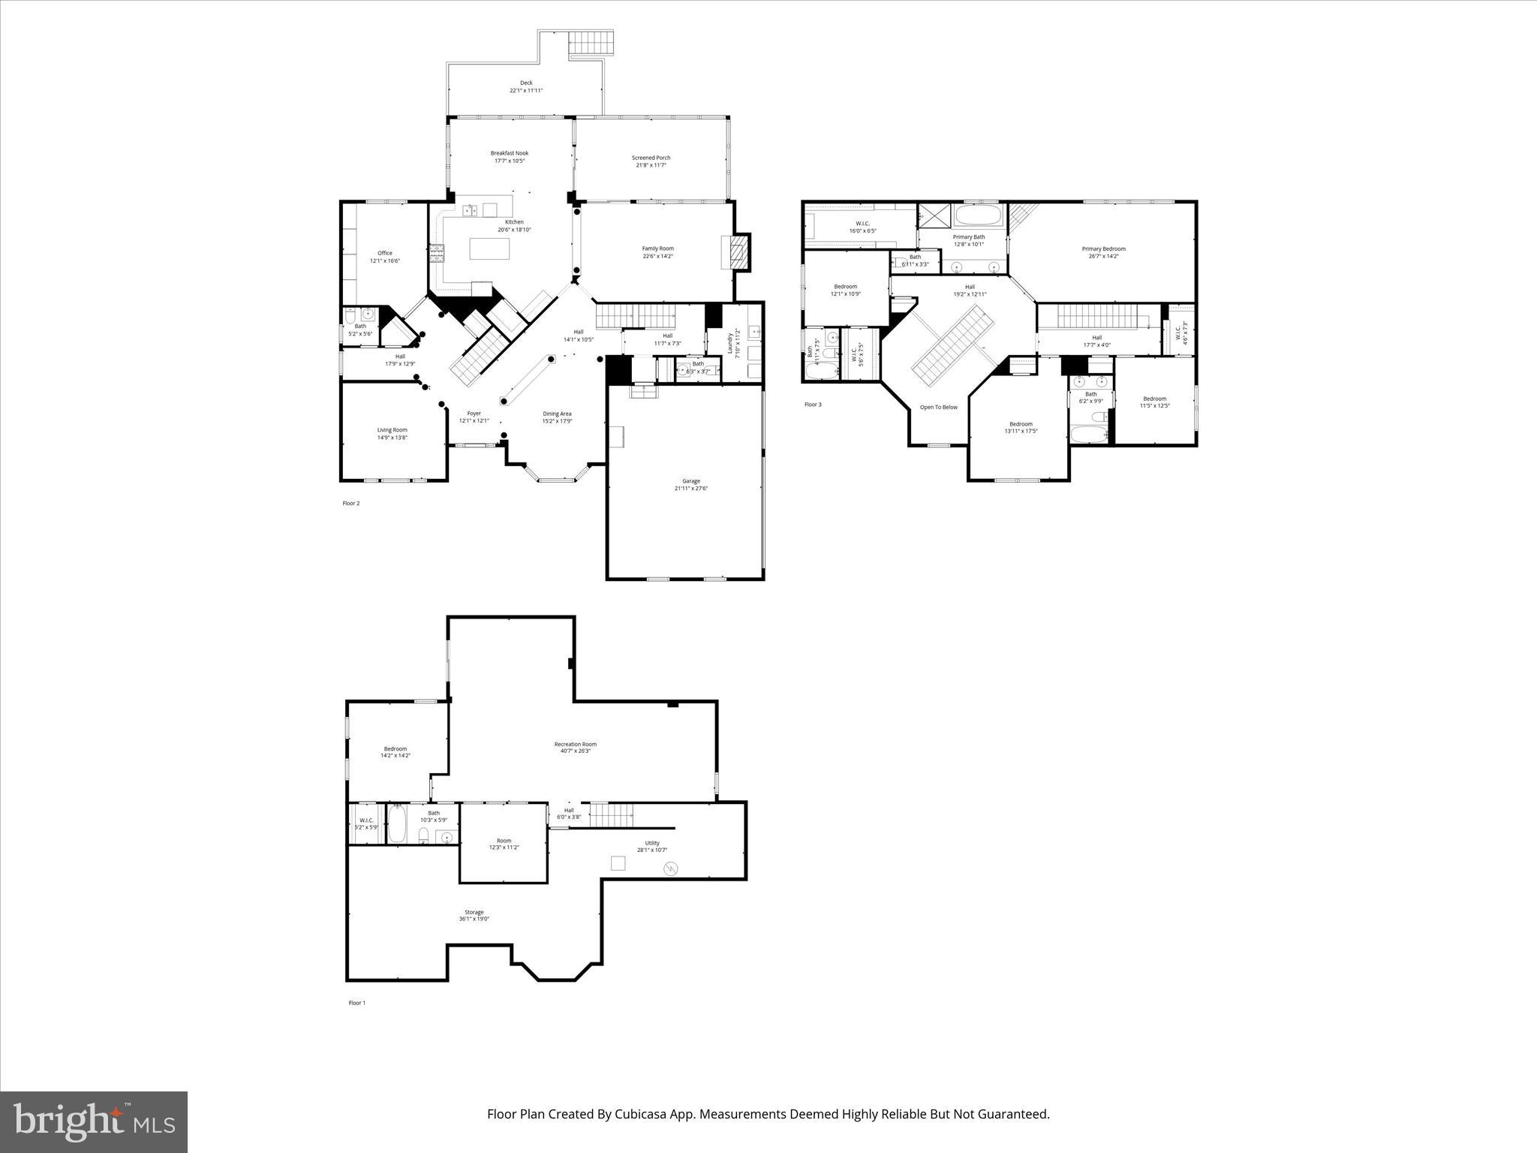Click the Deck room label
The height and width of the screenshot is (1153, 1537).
[526, 86]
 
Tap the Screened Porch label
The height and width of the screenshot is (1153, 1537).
[651, 161]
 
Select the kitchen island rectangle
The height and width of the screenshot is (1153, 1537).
[489, 248]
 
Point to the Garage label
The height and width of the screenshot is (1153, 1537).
[690, 484]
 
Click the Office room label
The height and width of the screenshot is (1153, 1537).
[385, 257]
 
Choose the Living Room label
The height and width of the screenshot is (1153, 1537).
[392, 433]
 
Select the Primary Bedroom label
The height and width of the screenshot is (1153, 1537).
[1103, 252]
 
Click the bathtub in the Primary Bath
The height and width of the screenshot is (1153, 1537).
[978, 216]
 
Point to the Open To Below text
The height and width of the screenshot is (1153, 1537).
[939, 408]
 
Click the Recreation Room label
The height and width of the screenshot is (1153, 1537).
[575, 747]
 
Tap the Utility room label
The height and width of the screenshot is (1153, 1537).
[651, 846]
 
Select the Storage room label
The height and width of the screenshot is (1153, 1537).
[474, 915]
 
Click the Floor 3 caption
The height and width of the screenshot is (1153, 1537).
[813, 405]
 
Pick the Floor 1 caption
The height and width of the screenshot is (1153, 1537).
[356, 1003]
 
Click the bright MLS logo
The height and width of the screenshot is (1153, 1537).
[94, 1122]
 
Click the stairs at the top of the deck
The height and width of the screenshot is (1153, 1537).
[591, 43]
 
